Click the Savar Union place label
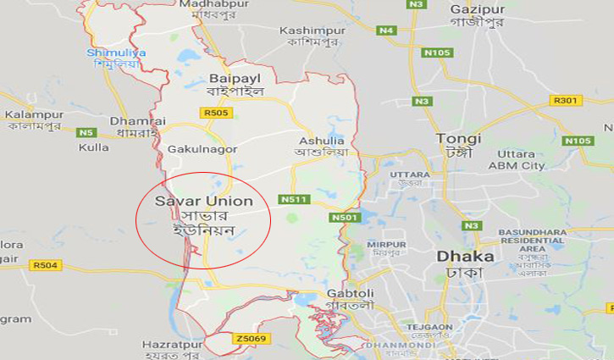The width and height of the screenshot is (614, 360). click(x=203, y=202)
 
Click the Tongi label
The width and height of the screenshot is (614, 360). click(x=458, y=138)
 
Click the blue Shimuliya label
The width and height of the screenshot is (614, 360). click(x=116, y=53)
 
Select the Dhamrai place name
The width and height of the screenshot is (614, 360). click(x=130, y=121)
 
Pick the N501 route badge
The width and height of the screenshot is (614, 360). click(x=346, y=218)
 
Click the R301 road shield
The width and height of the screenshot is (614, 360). click(x=565, y=100)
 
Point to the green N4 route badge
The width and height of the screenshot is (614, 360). click(x=387, y=30)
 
